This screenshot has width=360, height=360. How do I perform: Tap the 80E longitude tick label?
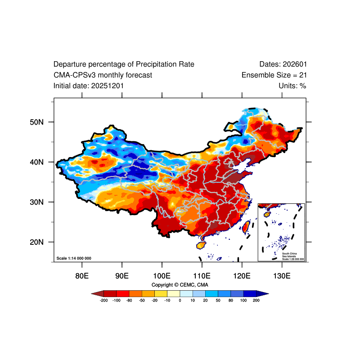point(81,275)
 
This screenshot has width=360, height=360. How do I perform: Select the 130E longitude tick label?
point(282,275)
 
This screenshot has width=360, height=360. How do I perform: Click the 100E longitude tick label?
point(162,275)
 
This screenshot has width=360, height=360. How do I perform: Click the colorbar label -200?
point(103,300)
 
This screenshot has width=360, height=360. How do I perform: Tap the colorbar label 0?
point(180,300)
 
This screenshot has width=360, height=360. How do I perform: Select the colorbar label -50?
point(142,300)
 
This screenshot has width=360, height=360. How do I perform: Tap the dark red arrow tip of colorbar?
point(95,293)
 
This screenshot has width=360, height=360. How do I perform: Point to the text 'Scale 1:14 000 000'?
point(74,258)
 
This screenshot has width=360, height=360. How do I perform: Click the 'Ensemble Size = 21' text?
point(274,75)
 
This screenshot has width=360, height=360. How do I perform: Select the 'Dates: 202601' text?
point(283,64)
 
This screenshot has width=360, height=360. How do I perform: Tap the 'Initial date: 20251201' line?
point(89,85)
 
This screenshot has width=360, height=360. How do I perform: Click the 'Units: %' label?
point(292,85)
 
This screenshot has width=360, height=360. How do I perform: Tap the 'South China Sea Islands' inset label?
point(289,255)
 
